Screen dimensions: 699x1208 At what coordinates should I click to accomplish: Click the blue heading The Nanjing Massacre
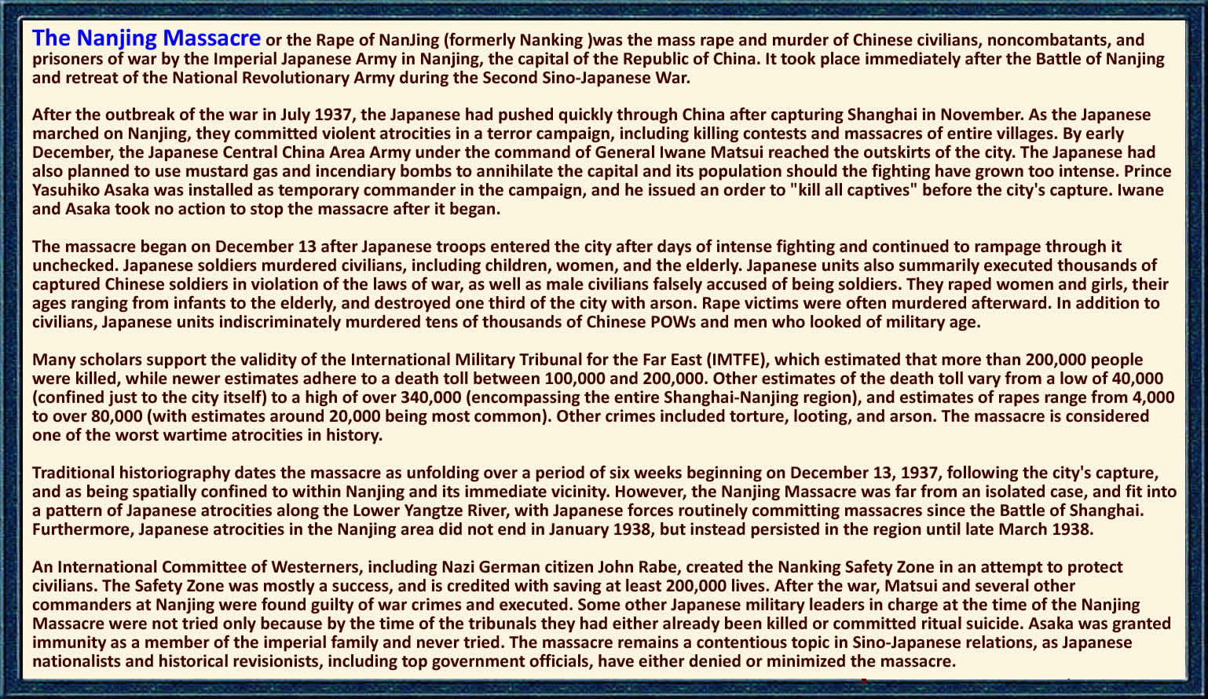click(x=146, y=38)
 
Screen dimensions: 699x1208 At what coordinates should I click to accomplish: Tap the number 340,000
click(x=430, y=397)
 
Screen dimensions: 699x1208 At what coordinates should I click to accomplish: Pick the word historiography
click(x=174, y=473)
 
